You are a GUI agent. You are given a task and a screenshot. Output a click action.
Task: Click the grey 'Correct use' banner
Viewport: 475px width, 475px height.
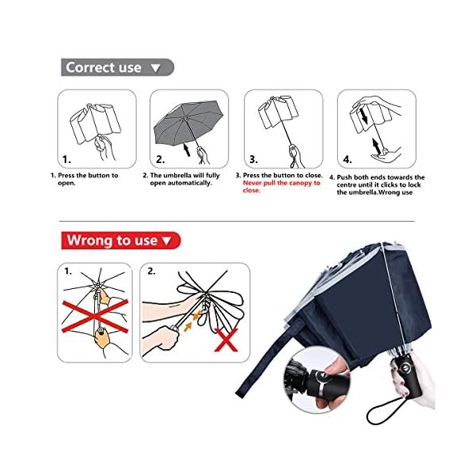coord(117,67)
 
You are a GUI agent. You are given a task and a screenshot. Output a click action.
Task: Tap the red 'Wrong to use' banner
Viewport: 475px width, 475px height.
coord(121,241)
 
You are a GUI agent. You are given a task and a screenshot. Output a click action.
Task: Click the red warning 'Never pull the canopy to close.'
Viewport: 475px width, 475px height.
coord(281,187)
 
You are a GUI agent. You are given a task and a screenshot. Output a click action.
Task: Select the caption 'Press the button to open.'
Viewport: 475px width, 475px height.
coord(84,179)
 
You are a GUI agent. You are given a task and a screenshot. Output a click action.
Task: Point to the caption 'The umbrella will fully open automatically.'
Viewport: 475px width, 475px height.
coord(181,179)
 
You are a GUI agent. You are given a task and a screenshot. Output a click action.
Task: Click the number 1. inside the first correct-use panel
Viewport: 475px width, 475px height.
coord(66,159)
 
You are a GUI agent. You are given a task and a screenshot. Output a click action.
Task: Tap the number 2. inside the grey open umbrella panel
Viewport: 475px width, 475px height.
coord(161,159)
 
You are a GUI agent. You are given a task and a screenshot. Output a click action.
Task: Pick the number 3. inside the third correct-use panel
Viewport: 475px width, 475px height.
coord(253,159)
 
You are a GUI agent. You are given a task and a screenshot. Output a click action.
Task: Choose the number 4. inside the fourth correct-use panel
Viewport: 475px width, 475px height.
coord(348,159)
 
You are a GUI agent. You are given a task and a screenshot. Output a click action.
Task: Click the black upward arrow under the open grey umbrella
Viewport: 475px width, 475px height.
coord(187,150)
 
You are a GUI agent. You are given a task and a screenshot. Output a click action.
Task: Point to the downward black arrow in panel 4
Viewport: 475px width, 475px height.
coord(364,116)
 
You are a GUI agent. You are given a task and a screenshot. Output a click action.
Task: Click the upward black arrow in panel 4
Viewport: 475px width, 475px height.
coord(377,146)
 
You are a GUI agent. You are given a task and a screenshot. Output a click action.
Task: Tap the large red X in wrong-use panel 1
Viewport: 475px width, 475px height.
coord(95,316)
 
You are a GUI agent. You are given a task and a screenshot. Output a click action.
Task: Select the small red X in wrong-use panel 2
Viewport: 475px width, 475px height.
coord(226,340)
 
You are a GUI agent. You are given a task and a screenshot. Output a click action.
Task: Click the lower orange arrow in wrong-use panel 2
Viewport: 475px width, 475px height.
coord(188,327)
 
